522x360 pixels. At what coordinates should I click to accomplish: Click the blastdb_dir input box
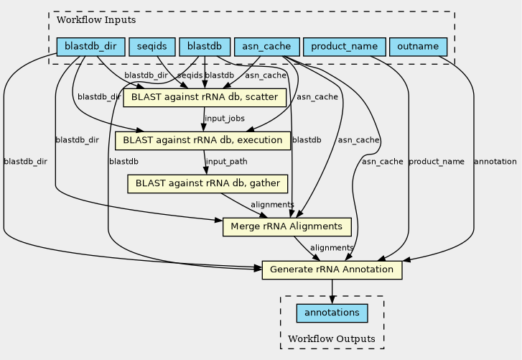tap(91, 47)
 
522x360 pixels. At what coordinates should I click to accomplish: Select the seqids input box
tap(152, 47)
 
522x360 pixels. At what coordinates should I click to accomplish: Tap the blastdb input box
tap(205, 47)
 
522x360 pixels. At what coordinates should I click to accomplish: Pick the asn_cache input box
tap(266, 47)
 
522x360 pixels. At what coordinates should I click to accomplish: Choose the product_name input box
tap(345, 47)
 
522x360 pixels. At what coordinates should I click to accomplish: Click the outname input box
tap(418, 47)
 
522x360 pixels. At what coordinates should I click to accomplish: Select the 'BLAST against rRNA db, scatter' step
tap(205, 98)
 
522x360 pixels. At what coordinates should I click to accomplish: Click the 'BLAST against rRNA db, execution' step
tap(202, 141)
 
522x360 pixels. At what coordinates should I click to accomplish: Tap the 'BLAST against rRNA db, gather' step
tap(208, 183)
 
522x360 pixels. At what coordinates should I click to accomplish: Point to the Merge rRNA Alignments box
tap(287, 227)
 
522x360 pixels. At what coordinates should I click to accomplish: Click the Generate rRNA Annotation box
tap(332, 269)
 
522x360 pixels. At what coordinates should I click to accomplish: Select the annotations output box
tap(332, 313)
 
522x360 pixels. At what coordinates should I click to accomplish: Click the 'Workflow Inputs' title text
tap(96, 20)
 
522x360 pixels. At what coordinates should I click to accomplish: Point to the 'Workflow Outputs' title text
tap(332, 339)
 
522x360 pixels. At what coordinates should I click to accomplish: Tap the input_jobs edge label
tap(225, 119)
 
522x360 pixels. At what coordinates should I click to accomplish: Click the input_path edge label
tap(227, 162)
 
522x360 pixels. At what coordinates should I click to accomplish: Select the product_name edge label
tap(437, 162)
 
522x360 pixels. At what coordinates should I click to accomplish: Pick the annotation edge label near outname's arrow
tap(495, 162)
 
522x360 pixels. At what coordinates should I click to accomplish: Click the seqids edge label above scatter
tap(190, 75)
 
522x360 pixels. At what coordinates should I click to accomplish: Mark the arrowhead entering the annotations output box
tap(332, 300)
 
